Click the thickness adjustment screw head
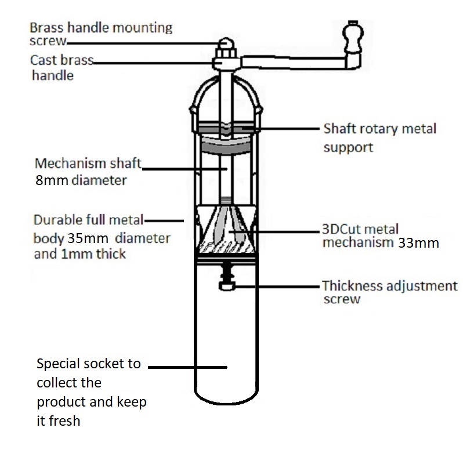(227, 286)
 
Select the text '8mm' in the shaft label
(52, 180)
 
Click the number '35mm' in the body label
(88, 238)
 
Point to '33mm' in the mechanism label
(418, 243)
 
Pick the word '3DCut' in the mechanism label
(341, 229)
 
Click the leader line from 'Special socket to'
(187, 367)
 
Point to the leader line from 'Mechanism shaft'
(185, 169)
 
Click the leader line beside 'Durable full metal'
(164, 221)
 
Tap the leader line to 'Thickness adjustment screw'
(277, 287)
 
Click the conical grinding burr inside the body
(226, 229)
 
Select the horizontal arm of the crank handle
(293, 63)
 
